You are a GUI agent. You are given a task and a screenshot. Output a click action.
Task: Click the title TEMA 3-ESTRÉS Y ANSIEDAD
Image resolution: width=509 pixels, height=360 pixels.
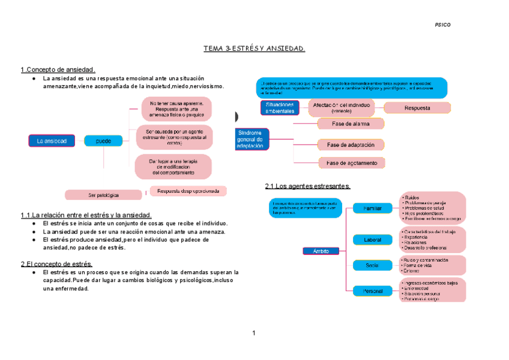pyautogui.click(x=254, y=48)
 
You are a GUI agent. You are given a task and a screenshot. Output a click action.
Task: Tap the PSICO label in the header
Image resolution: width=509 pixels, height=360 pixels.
pyautogui.click(x=442, y=25)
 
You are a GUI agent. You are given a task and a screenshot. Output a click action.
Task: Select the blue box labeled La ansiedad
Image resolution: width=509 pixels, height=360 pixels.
pyautogui.click(x=52, y=141)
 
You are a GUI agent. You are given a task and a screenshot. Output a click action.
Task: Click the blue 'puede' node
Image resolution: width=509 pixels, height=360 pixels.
pyautogui.click(x=103, y=141)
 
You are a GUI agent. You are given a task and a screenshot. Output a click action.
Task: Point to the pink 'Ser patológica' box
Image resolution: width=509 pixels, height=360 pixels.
pyautogui.click(x=103, y=195)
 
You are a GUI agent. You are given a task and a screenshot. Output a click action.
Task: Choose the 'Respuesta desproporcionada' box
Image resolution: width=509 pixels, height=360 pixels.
pyautogui.click(x=188, y=191)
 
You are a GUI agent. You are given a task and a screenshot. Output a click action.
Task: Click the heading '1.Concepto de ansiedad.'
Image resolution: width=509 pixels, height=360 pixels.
pyautogui.click(x=58, y=70)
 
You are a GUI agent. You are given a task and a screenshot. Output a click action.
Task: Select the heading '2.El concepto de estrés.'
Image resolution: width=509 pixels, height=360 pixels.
pyautogui.click(x=56, y=263)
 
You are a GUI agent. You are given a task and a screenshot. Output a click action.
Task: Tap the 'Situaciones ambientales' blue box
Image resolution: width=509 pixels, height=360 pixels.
pyautogui.click(x=280, y=108)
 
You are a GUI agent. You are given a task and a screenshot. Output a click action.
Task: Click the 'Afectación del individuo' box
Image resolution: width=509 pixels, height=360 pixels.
pyautogui.click(x=341, y=108)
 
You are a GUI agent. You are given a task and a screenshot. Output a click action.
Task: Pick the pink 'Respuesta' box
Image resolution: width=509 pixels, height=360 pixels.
pyautogui.click(x=417, y=108)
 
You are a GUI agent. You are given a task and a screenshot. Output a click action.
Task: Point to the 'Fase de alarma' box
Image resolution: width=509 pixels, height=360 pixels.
pyautogui.click(x=351, y=124)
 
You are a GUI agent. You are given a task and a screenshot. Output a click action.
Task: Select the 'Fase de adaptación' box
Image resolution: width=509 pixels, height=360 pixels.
pyautogui.click(x=351, y=145)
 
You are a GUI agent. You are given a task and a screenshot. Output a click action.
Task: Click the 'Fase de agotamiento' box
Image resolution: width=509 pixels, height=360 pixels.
pyautogui.click(x=352, y=163)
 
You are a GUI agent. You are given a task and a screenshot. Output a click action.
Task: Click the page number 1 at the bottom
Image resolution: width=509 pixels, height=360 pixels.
pyautogui.click(x=254, y=333)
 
